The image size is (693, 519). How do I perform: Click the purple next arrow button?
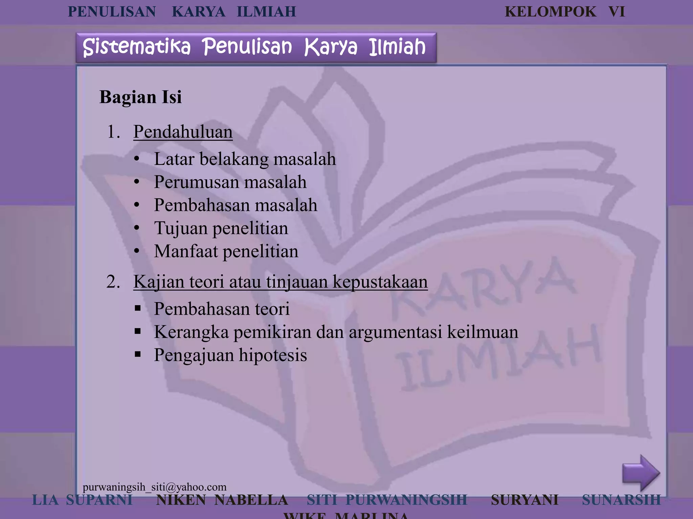coord(641,473)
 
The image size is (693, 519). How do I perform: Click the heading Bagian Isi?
coord(140,97)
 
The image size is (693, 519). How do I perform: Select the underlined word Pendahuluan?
coord(183,132)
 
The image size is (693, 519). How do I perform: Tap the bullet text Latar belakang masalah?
coord(245,159)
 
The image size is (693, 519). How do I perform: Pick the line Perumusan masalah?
coord(230,182)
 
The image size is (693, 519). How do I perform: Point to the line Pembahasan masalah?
coord(236,205)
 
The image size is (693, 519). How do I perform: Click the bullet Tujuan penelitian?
coord(221,228)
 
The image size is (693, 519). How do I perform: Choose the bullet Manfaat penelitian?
coord(226,251)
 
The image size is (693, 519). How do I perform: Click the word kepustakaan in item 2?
coord(380,282)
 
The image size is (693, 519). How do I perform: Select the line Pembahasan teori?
coord(222,309)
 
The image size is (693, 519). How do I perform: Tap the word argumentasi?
coord(396,332)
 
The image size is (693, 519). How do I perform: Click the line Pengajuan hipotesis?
coord(230,355)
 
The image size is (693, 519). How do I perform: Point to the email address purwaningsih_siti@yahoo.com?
coord(155,487)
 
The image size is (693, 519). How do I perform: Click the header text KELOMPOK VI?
coord(564,12)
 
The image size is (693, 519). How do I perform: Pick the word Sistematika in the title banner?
coord(136,47)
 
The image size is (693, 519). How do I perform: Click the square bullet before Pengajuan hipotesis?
coord(137,354)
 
